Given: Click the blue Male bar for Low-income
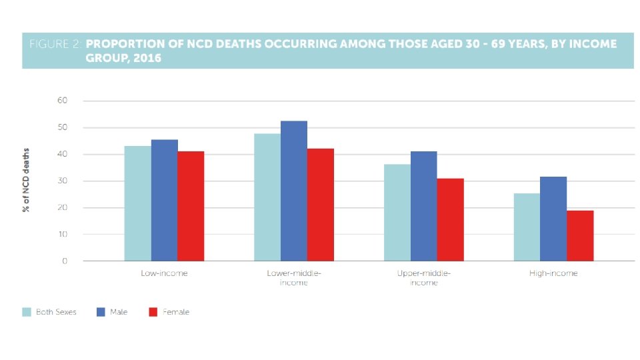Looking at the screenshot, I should pos(164,200).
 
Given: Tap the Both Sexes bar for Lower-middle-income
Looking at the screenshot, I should pos(267,197).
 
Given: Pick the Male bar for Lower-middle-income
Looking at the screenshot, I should pos(294,191).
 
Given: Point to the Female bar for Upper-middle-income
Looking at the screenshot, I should pos(450,219).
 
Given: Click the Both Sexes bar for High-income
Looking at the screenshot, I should pos(527,227).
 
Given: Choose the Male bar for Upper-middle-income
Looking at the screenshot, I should pos(423,206).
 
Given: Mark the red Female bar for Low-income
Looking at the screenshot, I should pos(191,206).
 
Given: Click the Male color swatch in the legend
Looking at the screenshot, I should pos(101,312).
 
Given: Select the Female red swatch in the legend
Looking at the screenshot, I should pos(153,312).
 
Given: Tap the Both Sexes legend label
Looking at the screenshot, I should pos(56,312).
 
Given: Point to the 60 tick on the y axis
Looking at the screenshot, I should pos(62,101).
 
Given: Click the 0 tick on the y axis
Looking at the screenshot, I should pos(65,261).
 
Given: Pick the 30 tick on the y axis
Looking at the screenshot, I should pos(62,181).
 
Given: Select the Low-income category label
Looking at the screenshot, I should pos(164,273).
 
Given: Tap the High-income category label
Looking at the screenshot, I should pos(553,273).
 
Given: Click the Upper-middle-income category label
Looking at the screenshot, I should pos(423,278).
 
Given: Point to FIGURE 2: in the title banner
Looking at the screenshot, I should pos(56,45).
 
